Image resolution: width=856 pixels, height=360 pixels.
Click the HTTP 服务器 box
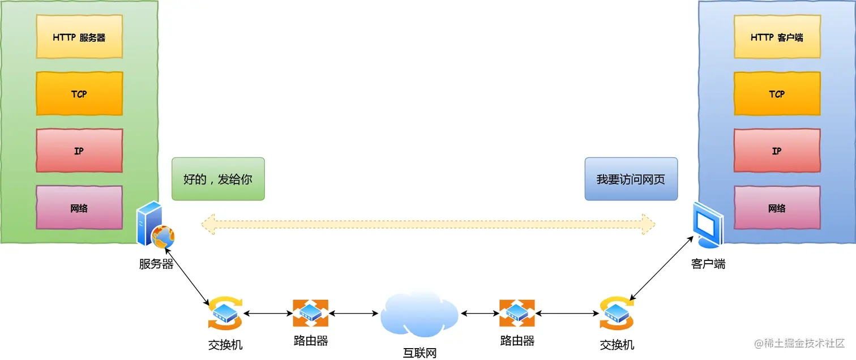pos(79,37)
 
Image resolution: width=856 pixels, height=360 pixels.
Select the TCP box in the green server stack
pos(79,94)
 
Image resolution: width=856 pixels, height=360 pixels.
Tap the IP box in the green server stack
pos(79,151)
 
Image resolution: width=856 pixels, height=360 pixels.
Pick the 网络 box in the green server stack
pos(79,208)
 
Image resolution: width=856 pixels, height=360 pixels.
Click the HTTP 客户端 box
pos(777,37)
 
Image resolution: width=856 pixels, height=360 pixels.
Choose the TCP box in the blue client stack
pos(777,94)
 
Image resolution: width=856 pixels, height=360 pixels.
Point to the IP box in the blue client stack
pos(777,151)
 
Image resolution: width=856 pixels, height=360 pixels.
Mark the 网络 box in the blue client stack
pos(777,208)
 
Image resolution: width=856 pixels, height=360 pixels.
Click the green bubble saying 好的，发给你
pos(218,179)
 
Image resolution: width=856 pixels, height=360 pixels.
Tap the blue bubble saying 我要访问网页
pos(631,179)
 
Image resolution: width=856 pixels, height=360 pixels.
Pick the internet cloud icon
pos(419,314)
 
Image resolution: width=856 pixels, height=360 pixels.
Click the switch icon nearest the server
pos(225,312)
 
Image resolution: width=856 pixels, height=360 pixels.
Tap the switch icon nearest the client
pos(617,312)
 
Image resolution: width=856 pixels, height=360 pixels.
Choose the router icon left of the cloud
pos(310,312)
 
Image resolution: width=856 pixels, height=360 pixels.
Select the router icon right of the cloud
pos(517,312)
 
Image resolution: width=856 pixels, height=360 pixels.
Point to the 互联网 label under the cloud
pos(420,354)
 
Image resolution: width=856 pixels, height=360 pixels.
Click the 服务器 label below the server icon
pos(156,264)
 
